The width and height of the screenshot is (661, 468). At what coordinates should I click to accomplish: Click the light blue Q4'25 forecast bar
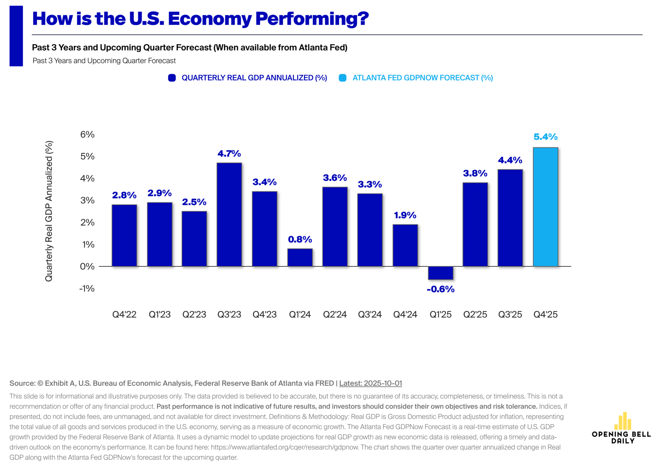(x=545, y=207)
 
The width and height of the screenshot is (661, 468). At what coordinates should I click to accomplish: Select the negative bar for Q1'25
(x=440, y=273)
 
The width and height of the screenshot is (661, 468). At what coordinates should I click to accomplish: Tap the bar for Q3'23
(x=229, y=214)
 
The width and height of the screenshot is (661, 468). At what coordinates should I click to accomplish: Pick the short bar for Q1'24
(x=300, y=257)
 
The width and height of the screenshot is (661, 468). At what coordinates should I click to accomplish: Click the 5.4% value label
(x=545, y=137)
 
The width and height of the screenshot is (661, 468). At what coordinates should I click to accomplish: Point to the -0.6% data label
(x=440, y=289)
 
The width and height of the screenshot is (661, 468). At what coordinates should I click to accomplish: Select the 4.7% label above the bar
(x=229, y=153)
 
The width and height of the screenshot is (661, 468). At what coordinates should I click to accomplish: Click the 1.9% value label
(x=405, y=215)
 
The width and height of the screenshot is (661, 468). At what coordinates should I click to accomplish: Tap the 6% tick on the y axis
(x=87, y=134)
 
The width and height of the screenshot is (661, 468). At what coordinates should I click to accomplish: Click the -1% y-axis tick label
(x=87, y=288)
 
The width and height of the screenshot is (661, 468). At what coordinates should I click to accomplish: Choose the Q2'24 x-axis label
(x=335, y=314)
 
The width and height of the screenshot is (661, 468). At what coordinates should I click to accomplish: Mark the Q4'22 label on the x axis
(x=124, y=314)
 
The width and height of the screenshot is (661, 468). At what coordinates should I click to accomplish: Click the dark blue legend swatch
(x=172, y=78)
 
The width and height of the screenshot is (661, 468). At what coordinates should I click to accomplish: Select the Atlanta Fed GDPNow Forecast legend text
(x=422, y=78)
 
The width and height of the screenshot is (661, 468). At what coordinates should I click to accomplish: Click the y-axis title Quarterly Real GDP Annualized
(x=49, y=211)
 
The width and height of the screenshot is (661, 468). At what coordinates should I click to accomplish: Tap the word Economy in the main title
(x=210, y=19)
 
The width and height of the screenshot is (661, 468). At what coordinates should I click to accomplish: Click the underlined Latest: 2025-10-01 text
(x=370, y=383)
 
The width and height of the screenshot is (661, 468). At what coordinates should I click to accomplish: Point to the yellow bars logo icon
(x=622, y=421)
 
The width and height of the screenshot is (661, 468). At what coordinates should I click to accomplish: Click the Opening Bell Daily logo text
(x=621, y=437)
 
